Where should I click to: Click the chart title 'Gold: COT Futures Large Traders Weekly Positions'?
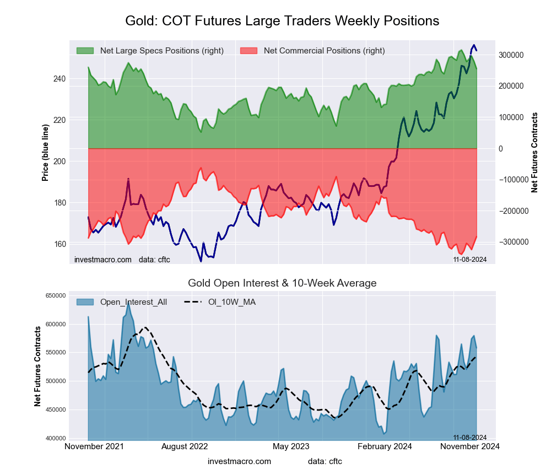(282, 21)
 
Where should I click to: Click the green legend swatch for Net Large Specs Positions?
(85, 51)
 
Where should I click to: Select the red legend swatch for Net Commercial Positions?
(249, 51)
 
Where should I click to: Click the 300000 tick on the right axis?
(511, 55)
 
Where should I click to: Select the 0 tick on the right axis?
(501, 149)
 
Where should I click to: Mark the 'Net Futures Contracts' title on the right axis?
(534, 152)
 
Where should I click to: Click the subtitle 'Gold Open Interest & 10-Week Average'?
(282, 283)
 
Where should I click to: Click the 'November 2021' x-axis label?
(94, 446)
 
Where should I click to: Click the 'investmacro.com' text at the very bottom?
(239, 461)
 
